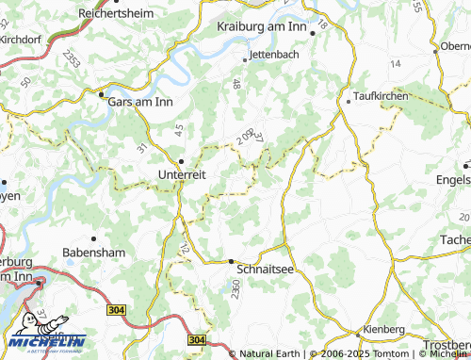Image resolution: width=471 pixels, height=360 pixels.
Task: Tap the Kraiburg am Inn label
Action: tap(263, 29)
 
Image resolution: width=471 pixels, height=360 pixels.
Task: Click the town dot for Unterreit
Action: tap(182, 159)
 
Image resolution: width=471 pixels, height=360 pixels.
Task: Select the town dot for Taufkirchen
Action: tap(349, 99)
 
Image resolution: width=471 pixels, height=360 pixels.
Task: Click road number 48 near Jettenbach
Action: tap(236, 85)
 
